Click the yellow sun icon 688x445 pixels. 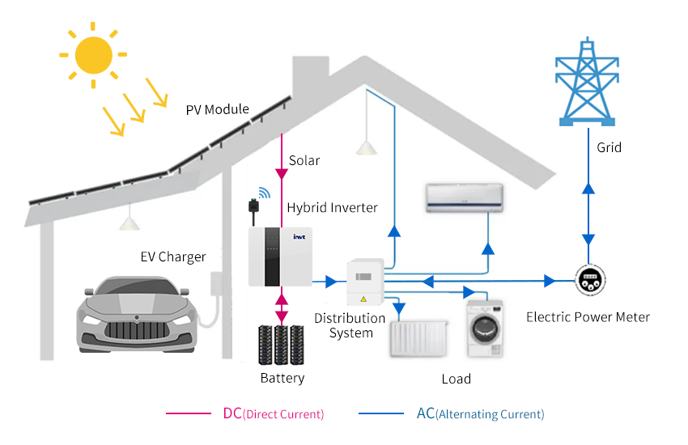[92, 54]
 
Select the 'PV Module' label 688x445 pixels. [217, 110]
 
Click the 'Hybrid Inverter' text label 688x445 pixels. [332, 208]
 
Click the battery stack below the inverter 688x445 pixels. [280, 345]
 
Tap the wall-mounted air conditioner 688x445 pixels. [465, 197]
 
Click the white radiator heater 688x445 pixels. [418, 337]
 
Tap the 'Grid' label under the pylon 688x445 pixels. [609, 148]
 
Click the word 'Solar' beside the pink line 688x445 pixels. [304, 161]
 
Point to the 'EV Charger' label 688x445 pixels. [173, 257]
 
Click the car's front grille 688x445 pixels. [134, 332]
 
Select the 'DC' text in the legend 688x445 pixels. [231, 413]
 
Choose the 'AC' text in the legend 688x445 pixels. [426, 413]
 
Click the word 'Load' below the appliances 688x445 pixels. [456, 379]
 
